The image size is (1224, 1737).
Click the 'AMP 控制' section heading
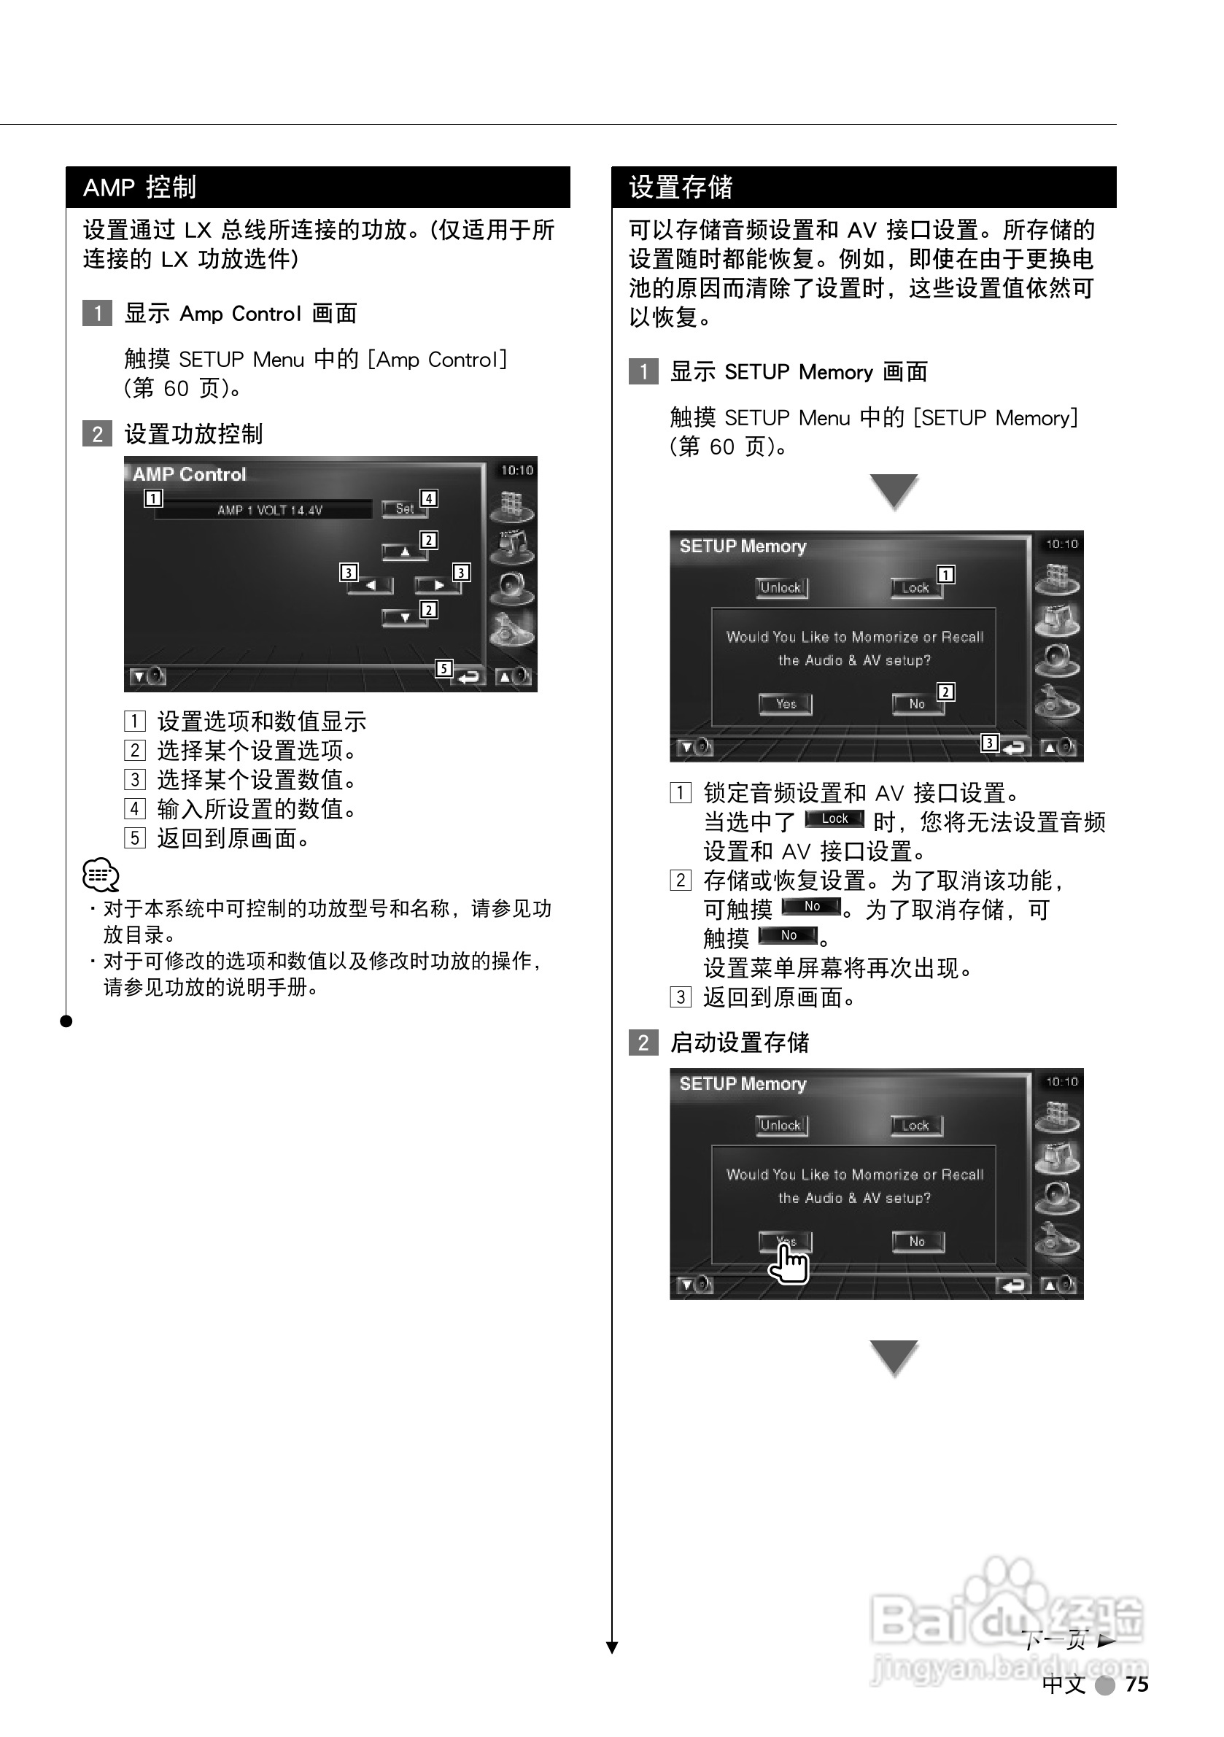pyautogui.click(x=140, y=187)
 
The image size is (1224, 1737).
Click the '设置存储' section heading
pyautogui.click(x=681, y=187)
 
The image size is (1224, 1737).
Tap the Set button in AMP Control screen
pyautogui.click(x=404, y=509)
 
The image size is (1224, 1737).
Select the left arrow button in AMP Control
pyautogui.click(x=370, y=585)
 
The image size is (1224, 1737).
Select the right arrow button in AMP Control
pyautogui.click(x=437, y=585)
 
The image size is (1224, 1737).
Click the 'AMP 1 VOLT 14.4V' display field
pyautogui.click(x=270, y=510)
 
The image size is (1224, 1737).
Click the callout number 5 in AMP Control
pyautogui.click(x=444, y=668)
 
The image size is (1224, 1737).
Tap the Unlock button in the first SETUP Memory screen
pyautogui.click(x=781, y=588)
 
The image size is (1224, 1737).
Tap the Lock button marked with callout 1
pyautogui.click(x=915, y=588)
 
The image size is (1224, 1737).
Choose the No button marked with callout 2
pyautogui.click(x=917, y=704)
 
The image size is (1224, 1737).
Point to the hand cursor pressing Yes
pyautogui.click(x=789, y=1263)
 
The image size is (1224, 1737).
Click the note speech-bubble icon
pyautogui.click(x=101, y=875)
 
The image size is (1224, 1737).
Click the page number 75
pyautogui.click(x=1136, y=1684)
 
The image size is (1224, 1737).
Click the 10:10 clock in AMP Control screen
pyautogui.click(x=516, y=471)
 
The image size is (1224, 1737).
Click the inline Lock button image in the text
pyautogui.click(x=834, y=819)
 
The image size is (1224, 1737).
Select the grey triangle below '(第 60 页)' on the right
pyautogui.click(x=894, y=490)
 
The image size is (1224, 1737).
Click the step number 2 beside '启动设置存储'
pyautogui.click(x=643, y=1042)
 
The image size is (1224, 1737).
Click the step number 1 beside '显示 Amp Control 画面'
pyautogui.click(x=97, y=313)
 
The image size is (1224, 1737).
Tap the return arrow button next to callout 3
pyautogui.click(x=1014, y=748)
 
